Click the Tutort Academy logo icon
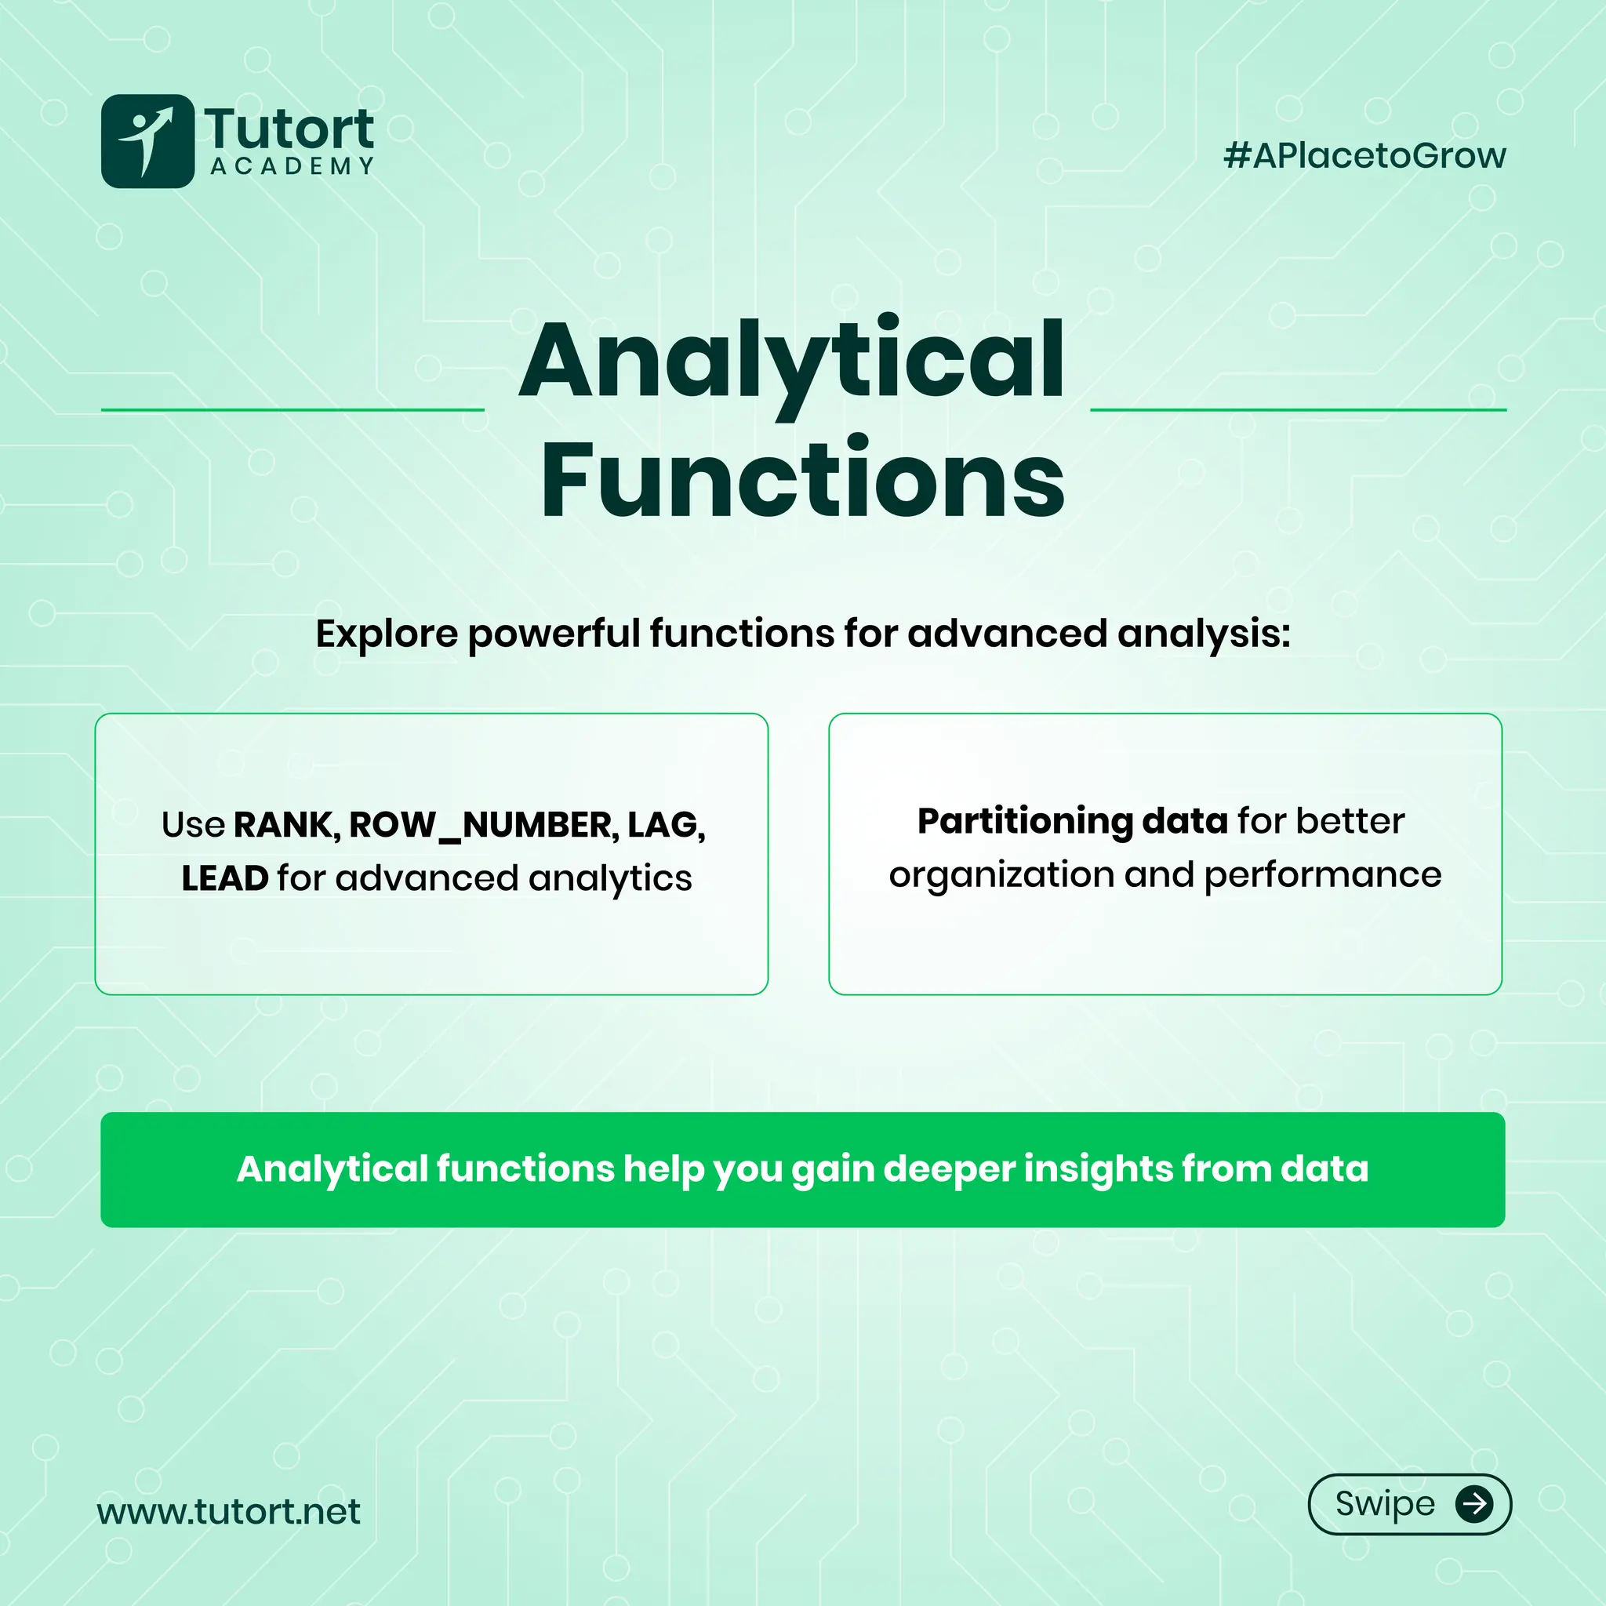coord(147,140)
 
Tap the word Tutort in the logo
coord(289,129)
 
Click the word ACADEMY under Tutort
coord(292,166)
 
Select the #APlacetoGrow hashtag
coord(1364,155)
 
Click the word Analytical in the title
coord(791,362)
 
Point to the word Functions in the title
coord(803,480)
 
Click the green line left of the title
coord(292,410)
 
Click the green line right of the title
coord(1298,410)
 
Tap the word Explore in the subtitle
coord(387,634)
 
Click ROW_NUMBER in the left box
coord(484,825)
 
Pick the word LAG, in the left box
coord(666,825)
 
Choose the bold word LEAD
coord(224,878)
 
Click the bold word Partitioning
coord(1024,821)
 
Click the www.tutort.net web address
coord(229,1511)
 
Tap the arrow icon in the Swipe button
coord(1473,1504)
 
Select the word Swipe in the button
coord(1385,1504)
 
